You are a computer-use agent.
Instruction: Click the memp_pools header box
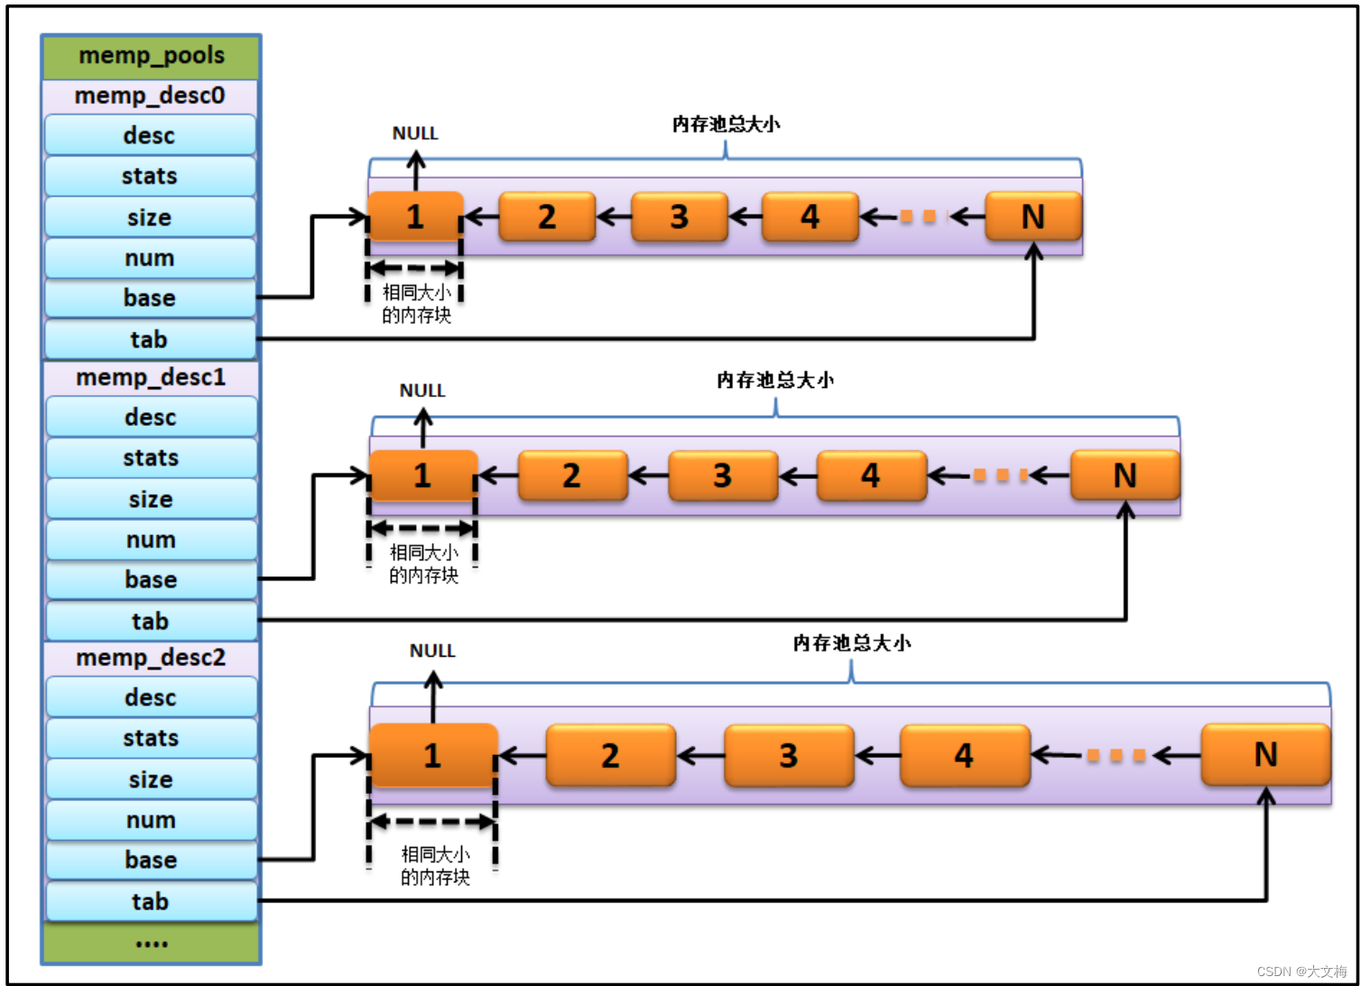tap(151, 56)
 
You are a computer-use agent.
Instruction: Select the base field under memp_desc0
tap(150, 298)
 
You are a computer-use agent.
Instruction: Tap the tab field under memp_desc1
tap(151, 621)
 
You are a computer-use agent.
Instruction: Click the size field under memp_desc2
tap(151, 779)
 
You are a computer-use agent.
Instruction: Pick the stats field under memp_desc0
tap(150, 176)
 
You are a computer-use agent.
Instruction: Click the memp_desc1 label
tap(151, 377)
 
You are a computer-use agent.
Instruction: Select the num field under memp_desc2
tap(151, 820)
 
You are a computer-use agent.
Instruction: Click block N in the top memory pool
tap(1032, 217)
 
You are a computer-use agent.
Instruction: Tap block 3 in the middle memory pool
tap(722, 475)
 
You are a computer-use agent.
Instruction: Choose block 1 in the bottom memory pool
tap(432, 755)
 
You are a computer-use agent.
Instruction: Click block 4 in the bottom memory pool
tap(964, 755)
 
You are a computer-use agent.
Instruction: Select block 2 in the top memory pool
tap(547, 217)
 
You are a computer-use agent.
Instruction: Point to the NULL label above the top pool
tap(415, 134)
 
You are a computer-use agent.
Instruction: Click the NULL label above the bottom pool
tap(432, 650)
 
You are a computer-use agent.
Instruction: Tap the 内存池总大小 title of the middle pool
tap(774, 381)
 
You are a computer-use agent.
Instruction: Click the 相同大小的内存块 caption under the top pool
tap(416, 304)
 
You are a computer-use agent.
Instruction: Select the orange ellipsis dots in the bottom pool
tap(1116, 756)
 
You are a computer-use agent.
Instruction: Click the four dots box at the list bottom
tap(151, 944)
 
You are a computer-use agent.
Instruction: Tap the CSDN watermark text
tap(1301, 972)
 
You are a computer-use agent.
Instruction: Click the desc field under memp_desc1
tap(151, 418)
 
